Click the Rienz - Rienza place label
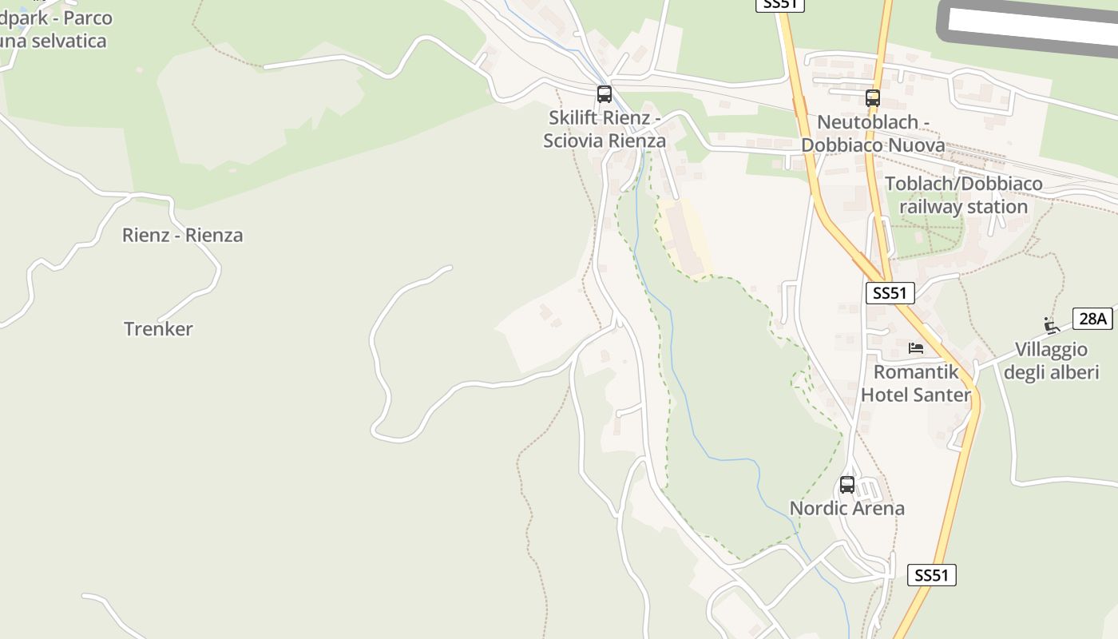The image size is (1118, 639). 182,235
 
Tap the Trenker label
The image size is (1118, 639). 158,328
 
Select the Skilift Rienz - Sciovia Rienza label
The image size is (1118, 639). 605,129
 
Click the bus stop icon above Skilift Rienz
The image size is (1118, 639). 605,94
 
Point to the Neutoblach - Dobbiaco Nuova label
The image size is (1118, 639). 873,133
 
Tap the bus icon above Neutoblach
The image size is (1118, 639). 873,98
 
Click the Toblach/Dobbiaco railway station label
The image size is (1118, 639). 964,195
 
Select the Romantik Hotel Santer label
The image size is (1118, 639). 915,383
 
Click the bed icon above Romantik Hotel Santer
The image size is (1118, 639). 916,348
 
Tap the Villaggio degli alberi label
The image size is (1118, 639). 1051,361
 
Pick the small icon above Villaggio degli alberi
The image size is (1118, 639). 1052,325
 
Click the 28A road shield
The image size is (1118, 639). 1092,319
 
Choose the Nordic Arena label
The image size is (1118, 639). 847,508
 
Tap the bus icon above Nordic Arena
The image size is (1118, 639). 847,484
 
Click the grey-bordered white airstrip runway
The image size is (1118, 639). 1030,28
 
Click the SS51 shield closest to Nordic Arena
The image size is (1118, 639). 931,575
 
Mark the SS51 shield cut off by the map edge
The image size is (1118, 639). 779,5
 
